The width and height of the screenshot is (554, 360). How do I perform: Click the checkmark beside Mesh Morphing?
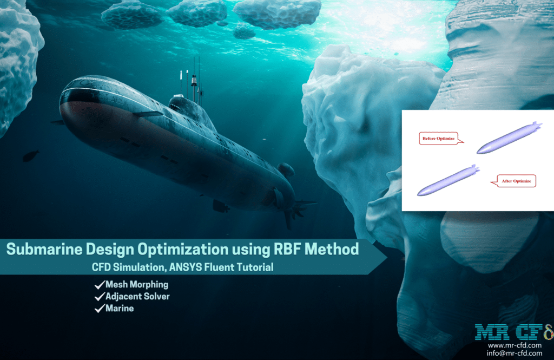click(99, 285)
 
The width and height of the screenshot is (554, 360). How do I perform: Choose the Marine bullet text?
click(120, 309)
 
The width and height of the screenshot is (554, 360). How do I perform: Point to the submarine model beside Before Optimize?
click(509, 139)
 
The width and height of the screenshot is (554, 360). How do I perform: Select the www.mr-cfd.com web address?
click(514, 345)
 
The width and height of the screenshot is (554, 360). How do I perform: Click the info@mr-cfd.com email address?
click(514, 354)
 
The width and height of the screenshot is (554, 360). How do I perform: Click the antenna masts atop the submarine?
click(194, 78)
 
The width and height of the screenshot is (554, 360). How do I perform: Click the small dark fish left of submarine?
click(31, 156)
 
